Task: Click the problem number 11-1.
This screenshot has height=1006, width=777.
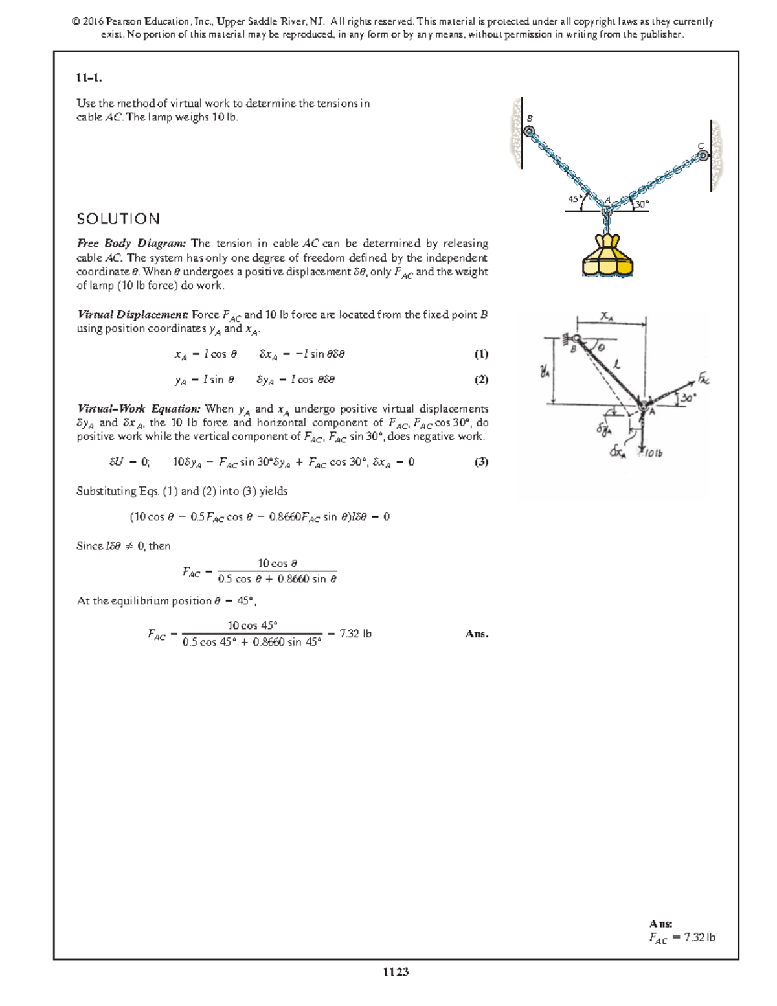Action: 89,78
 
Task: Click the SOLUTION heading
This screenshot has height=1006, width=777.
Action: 118,219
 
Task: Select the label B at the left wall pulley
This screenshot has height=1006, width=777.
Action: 530,119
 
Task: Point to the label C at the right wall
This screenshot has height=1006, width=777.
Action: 701,146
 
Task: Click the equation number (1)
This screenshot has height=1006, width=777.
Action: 481,354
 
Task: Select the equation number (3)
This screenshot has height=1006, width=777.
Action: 481,462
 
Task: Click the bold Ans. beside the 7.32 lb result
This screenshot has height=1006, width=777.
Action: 477,634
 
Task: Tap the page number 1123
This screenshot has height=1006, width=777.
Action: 396,972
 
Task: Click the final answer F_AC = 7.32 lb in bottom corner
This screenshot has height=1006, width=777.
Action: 682,937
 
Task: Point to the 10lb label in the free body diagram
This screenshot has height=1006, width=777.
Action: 653,453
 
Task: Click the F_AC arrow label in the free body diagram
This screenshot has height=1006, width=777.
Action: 703,378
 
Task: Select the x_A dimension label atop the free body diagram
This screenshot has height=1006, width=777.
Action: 607,316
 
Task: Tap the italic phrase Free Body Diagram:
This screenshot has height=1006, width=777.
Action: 131,244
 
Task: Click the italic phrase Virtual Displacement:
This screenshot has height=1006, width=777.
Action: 133,315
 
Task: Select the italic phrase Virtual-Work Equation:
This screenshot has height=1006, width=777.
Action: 139,409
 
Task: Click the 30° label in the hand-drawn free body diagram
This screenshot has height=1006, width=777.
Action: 688,398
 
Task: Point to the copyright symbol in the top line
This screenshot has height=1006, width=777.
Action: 76,21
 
